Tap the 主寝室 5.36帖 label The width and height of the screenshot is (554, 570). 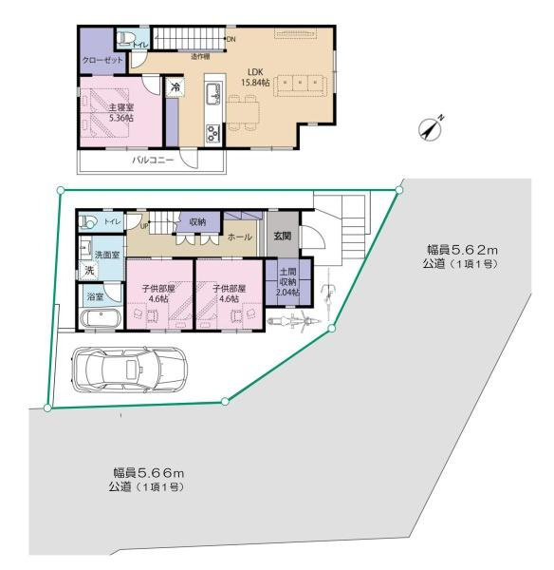(x=120, y=113)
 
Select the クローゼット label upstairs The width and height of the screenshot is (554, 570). (x=99, y=59)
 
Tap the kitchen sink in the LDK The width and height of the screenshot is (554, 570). (x=212, y=95)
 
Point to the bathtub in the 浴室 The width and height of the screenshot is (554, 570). (x=99, y=317)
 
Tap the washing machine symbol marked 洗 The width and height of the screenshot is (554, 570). (x=89, y=272)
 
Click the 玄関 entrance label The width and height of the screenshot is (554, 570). (x=282, y=237)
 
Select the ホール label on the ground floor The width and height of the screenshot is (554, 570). (x=240, y=237)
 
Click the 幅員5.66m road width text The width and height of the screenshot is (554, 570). (x=148, y=472)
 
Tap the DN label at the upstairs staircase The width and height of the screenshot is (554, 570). (x=231, y=39)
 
